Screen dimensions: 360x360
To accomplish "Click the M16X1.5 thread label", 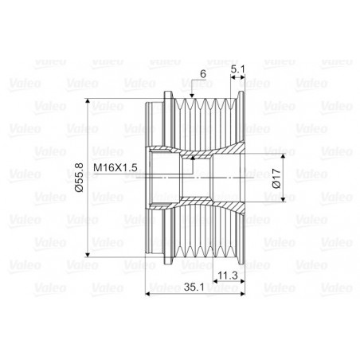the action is coord(115,167).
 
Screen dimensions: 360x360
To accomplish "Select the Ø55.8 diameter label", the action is coord(80,178).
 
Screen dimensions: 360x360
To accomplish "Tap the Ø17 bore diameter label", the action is coord(276,178).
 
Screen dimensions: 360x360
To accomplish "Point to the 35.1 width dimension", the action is coord(194,287).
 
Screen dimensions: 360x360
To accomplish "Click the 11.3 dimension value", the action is coord(228,276).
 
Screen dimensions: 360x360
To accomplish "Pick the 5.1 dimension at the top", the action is coord(237,69).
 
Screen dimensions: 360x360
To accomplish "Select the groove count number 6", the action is coord(203,74).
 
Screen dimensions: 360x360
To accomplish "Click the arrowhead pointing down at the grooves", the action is coord(192,96).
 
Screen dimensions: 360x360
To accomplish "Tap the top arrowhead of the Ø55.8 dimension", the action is coord(88,101).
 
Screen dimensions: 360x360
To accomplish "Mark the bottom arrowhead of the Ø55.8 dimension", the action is coord(88,255).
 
